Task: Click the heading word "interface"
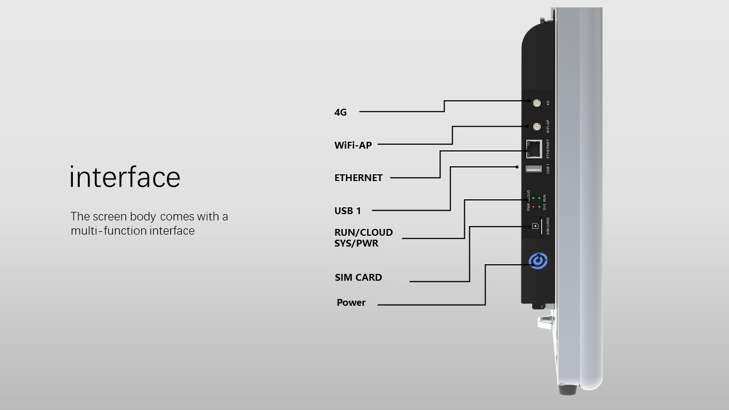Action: [x=125, y=177]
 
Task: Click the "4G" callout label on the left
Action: [x=340, y=112]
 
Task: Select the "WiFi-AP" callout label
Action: [x=353, y=145]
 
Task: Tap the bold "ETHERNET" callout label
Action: [x=358, y=178]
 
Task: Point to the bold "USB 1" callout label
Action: [x=347, y=211]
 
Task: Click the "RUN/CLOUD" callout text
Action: [x=363, y=232]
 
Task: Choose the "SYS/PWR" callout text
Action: [x=356, y=243]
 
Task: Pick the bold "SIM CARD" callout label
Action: [x=358, y=278]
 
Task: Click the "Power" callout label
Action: [x=351, y=303]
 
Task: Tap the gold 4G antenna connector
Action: [x=536, y=103]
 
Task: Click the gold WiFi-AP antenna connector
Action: [x=536, y=126]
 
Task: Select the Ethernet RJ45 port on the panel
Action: [x=534, y=149]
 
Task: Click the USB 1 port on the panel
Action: [x=533, y=169]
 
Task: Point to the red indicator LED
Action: [x=533, y=207]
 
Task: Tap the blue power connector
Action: [x=538, y=261]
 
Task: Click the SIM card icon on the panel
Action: [x=535, y=226]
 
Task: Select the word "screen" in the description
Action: [x=109, y=216]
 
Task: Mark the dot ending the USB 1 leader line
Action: [x=517, y=167]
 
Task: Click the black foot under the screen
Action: [x=567, y=389]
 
